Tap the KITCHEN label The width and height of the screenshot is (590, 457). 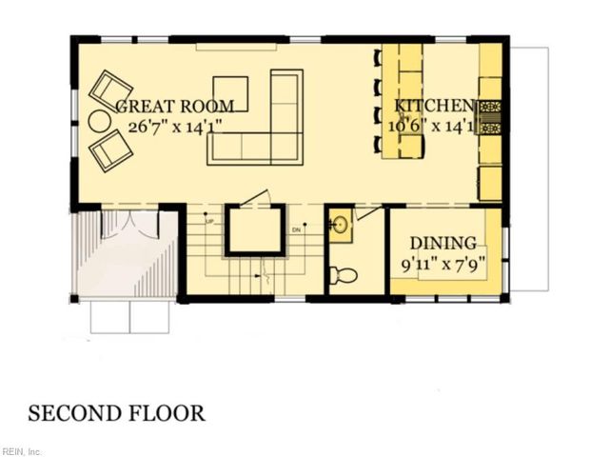coord(434,106)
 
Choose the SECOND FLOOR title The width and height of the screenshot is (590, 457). coord(116,413)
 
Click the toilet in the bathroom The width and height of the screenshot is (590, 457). coord(342,275)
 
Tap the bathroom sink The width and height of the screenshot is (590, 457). coord(341,226)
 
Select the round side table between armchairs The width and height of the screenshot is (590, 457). coord(100,122)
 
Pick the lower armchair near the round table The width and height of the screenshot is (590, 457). coord(110,149)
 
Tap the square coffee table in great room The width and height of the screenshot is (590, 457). coord(230,92)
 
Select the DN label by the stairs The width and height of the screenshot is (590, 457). coord(296,229)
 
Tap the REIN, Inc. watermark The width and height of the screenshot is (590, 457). coord(22,450)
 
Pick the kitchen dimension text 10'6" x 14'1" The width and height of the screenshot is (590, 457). coord(434,125)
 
